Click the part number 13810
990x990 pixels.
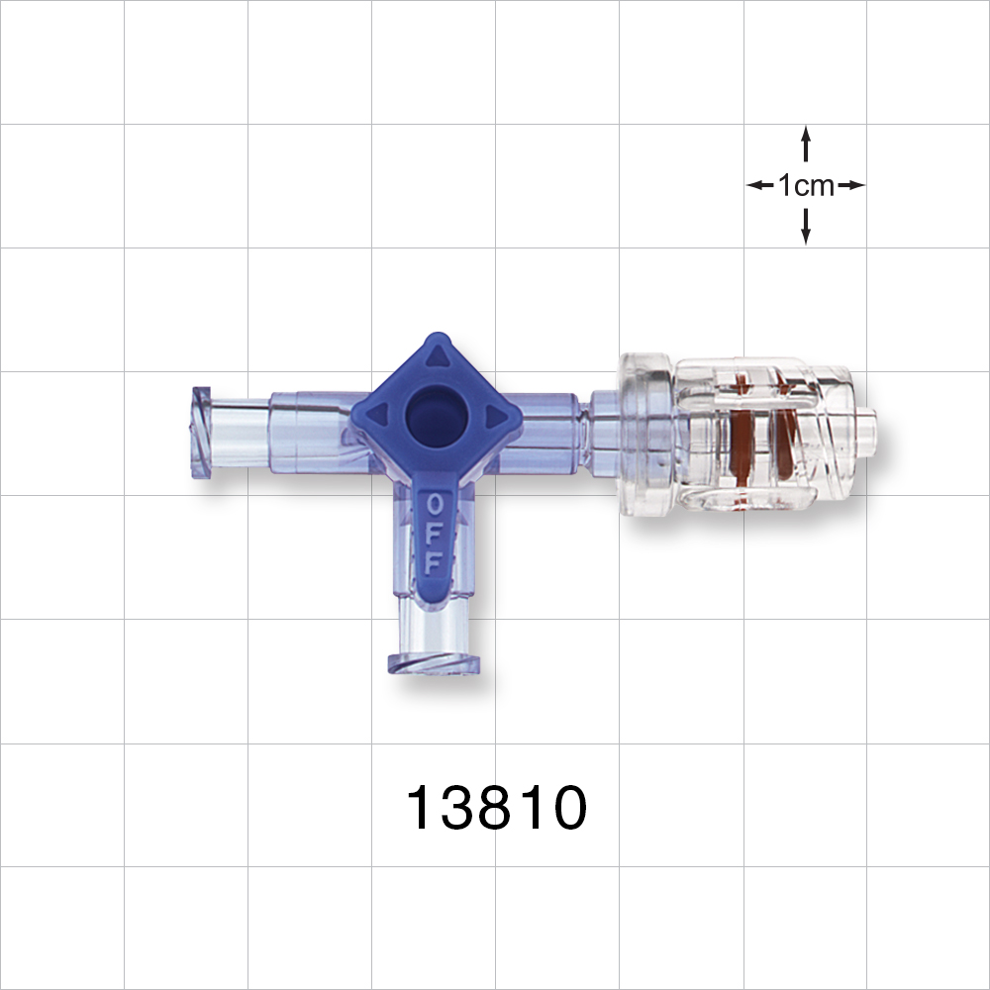click(496, 809)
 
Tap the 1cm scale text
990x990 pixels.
click(806, 185)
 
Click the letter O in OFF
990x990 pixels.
click(434, 504)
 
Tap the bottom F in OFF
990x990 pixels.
click(433, 562)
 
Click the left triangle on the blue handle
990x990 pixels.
click(377, 414)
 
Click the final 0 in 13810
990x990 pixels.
click(567, 809)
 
